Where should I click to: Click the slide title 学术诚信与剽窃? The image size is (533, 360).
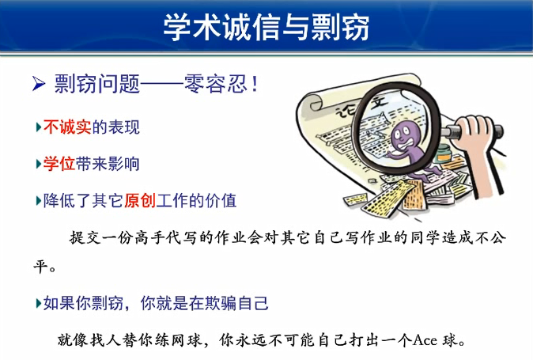point(266,27)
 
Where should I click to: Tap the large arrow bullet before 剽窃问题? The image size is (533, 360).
point(39,84)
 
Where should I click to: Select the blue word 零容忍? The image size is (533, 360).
point(216,84)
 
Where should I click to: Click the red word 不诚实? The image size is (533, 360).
point(67,127)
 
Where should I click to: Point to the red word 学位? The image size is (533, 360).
point(59,164)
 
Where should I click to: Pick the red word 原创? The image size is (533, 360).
point(140,200)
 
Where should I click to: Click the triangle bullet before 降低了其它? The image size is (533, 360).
point(39,201)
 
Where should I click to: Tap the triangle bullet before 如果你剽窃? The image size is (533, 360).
point(39,303)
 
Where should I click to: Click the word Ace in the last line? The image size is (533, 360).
point(425,340)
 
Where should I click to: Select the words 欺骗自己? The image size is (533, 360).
point(236,303)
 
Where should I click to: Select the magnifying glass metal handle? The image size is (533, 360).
point(472,131)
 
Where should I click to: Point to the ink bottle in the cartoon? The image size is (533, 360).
point(444,153)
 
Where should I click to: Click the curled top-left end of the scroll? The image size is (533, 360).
point(311,102)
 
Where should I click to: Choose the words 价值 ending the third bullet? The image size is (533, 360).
point(221,200)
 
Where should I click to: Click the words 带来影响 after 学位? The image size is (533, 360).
point(108,164)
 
